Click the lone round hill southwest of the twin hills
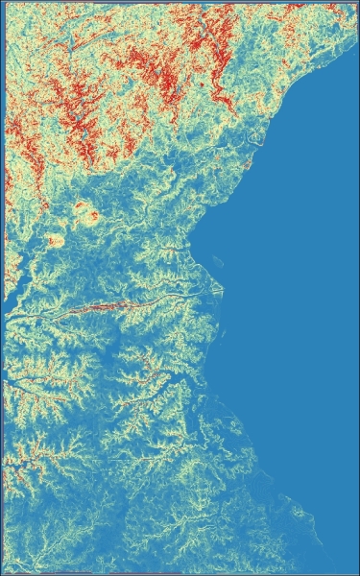pyautogui.click(x=55, y=240)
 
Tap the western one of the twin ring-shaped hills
pyautogui.click(x=76, y=204)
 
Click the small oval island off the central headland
pyautogui.click(x=218, y=258)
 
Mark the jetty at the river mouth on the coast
pyautogui.click(x=218, y=287)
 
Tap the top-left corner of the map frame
pyautogui.click(x=4, y=3)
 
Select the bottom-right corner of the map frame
pyautogui.click(x=356, y=573)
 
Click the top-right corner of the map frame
pyautogui.click(x=356, y=3)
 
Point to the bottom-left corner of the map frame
pyautogui.click(x=4, y=573)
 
